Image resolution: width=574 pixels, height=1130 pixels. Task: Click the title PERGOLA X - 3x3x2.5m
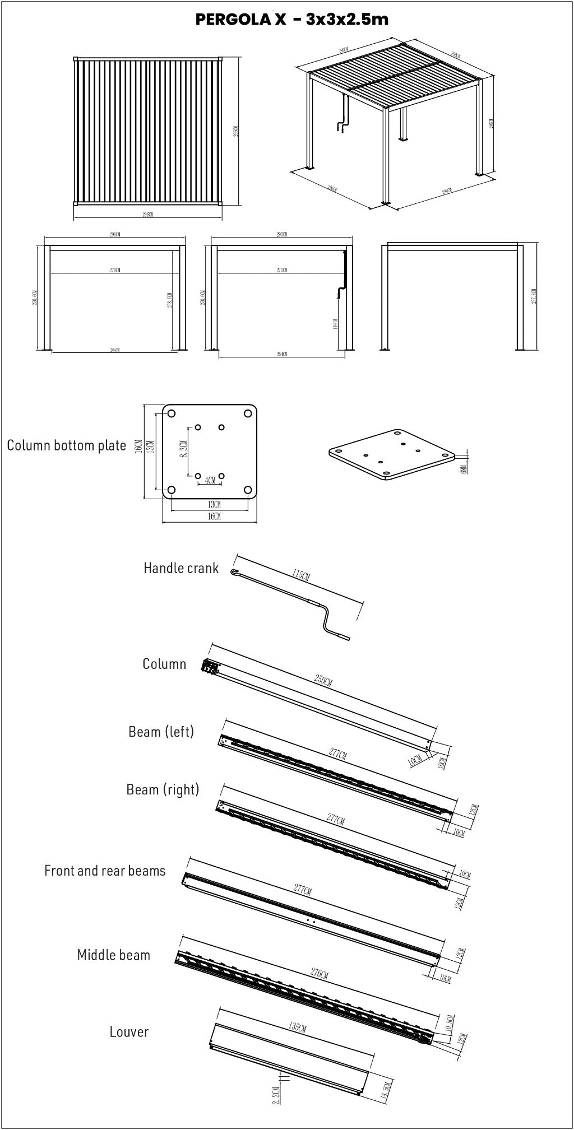click(x=291, y=20)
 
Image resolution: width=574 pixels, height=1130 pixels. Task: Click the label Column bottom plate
click(x=66, y=445)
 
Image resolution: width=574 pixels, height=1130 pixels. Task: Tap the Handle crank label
click(x=180, y=568)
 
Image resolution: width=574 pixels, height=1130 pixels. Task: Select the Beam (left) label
click(x=161, y=732)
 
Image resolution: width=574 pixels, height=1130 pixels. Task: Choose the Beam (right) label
click(x=163, y=789)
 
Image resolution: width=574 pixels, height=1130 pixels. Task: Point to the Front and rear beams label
click(x=105, y=871)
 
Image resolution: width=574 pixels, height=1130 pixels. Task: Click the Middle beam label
click(x=113, y=955)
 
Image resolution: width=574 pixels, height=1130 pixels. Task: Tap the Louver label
click(x=129, y=1032)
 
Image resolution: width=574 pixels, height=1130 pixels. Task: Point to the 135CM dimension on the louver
click(x=297, y=1027)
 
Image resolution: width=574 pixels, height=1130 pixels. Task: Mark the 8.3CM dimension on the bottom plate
click(x=183, y=448)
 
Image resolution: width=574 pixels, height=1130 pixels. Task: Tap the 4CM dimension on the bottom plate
click(x=210, y=481)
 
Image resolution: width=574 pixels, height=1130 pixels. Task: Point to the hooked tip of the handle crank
click(x=233, y=571)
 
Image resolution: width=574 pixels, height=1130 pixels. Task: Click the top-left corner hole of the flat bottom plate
click(x=172, y=414)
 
